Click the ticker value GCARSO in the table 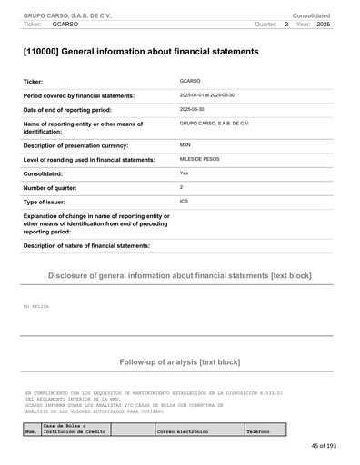tap(190, 81)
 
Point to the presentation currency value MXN tap(185, 144)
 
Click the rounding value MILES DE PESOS tap(200, 158)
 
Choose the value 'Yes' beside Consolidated tap(185, 173)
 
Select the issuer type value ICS tap(185, 200)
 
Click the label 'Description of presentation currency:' tap(87, 145)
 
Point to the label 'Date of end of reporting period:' tap(80, 109)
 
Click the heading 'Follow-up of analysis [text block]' tap(180, 362)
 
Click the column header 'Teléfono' tap(258, 431)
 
